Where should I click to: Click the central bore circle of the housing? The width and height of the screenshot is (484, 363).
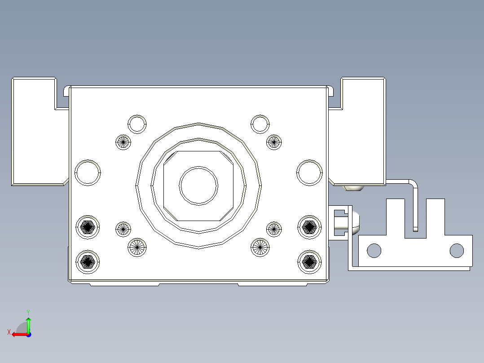tap(198, 186)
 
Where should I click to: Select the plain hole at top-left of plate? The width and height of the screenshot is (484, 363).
tap(137, 124)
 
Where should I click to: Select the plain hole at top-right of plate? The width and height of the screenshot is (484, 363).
tap(260, 124)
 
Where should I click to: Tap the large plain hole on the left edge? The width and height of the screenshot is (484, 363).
tap(88, 173)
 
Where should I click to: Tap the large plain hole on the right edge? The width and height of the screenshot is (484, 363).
tap(309, 173)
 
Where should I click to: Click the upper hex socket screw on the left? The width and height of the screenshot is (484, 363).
tap(88, 227)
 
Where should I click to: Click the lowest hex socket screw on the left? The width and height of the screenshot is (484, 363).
tap(88, 261)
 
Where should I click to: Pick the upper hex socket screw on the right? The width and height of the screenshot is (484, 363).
tap(309, 227)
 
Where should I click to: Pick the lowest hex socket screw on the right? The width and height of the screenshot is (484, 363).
tap(309, 261)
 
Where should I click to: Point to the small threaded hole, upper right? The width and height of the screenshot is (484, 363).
tap(273, 142)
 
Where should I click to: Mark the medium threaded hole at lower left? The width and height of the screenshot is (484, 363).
tap(137, 247)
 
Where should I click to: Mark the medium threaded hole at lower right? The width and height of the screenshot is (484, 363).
tap(260, 247)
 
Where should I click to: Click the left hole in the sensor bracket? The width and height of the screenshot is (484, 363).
tap(374, 250)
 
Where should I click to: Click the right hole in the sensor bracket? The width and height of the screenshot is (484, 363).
tap(457, 250)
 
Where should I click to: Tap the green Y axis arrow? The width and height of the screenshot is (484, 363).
tap(28, 323)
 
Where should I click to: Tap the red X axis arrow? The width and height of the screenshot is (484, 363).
tap(19, 334)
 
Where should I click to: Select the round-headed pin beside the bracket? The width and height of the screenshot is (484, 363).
tap(350, 223)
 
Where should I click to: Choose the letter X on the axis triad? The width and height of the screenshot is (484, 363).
tap(9, 332)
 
